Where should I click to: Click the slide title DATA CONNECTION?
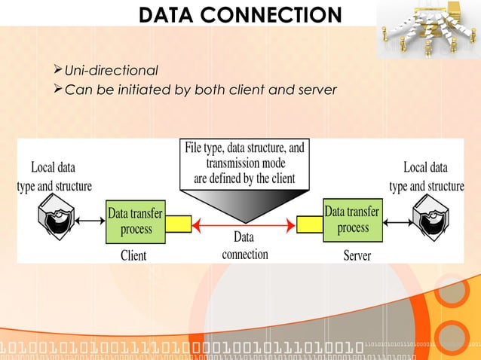tap(240, 14)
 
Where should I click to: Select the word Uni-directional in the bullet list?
tap(111, 71)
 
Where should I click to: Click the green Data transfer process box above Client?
tap(136, 220)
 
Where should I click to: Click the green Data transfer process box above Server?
tap(352, 218)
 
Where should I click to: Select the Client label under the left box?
tap(133, 255)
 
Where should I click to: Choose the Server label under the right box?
tap(357, 255)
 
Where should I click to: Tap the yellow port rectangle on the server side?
tap(310, 224)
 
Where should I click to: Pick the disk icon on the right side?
tap(426, 213)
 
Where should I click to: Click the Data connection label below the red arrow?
tap(245, 246)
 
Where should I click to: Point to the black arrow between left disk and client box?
tap(90, 220)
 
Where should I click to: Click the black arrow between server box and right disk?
tap(394, 220)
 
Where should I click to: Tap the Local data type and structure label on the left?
tap(54, 176)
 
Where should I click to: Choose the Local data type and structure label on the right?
tap(426, 176)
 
